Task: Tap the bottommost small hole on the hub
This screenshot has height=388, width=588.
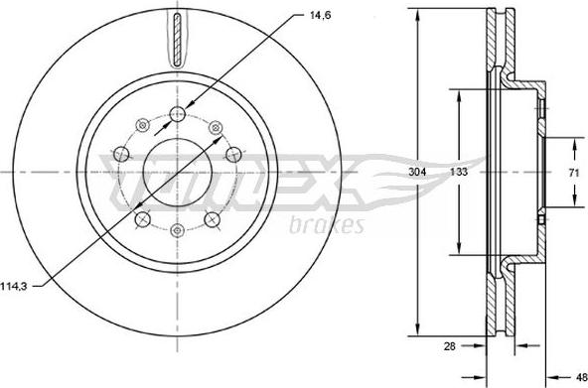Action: click(177, 230)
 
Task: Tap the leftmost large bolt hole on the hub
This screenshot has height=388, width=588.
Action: click(120, 154)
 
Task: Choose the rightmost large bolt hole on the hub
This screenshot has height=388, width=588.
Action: click(234, 154)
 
